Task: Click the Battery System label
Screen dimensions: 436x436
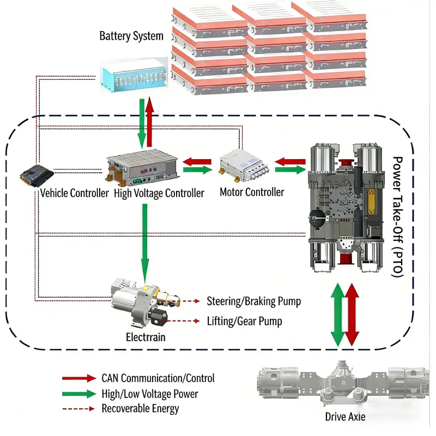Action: coord(131,37)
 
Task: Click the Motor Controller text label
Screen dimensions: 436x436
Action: coord(252,192)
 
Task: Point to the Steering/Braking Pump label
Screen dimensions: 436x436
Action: coord(253,301)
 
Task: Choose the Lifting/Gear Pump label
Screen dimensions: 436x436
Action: coord(244,321)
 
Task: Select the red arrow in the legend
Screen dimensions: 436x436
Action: coord(79,378)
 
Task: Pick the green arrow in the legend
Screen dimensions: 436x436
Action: coord(79,393)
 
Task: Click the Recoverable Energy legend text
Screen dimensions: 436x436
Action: coord(140,408)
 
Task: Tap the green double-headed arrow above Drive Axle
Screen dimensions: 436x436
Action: coord(338,314)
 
